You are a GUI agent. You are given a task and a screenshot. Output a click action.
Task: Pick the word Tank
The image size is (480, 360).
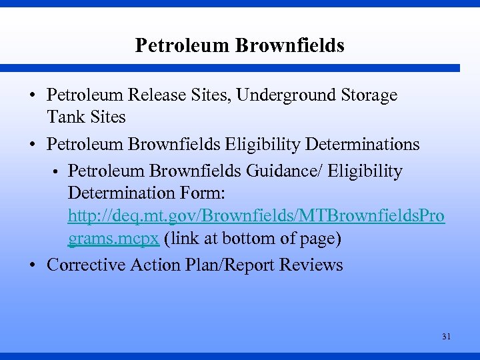tap(63, 117)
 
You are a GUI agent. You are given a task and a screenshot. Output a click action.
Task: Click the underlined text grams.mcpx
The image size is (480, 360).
tap(113, 239)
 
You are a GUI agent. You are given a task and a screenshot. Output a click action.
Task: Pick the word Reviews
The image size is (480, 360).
tap(311, 265)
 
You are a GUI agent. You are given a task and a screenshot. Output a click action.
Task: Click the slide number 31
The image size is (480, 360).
tap(446, 337)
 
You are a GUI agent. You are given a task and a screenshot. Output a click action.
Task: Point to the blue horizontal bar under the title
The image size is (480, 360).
tap(230, 68)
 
